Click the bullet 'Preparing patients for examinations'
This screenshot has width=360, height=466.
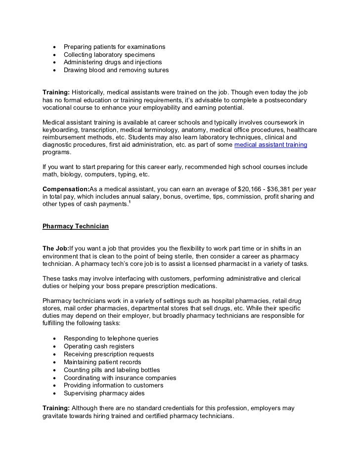tap(114, 47)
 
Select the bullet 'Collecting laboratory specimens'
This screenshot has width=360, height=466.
tap(109, 55)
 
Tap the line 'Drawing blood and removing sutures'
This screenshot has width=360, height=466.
tap(116, 71)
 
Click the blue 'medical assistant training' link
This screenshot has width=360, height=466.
tap(270, 145)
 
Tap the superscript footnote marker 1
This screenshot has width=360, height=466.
tap(129, 203)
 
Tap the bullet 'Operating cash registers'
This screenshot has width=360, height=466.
tap(98, 346)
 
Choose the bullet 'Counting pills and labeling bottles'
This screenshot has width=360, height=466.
tap(112, 370)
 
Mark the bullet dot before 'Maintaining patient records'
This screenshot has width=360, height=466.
tap(53, 362)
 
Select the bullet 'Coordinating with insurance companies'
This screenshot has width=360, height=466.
tap(120, 378)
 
